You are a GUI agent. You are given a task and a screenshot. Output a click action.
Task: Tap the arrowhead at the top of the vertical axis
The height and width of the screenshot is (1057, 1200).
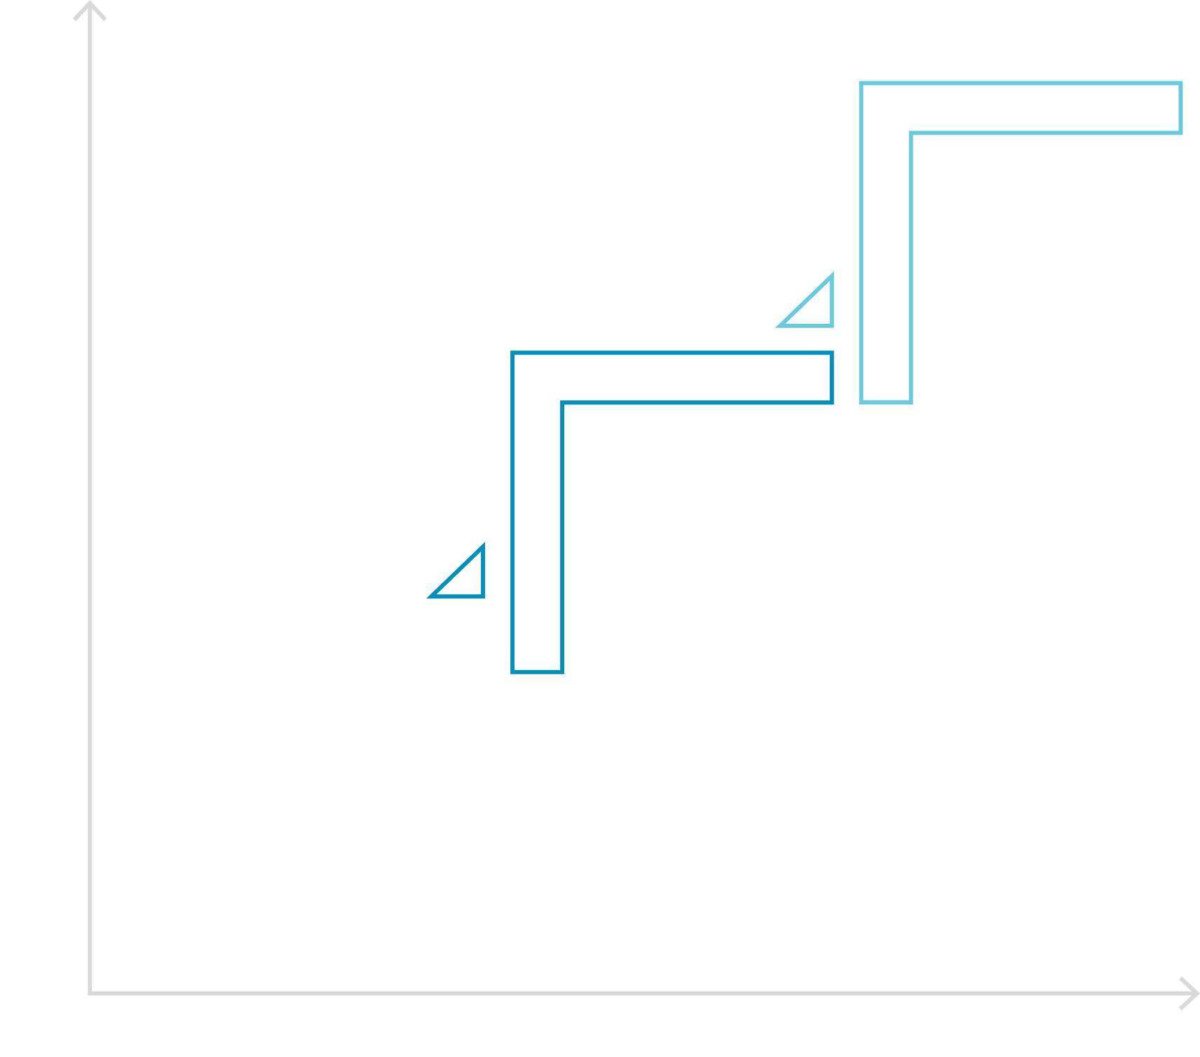[90, 10]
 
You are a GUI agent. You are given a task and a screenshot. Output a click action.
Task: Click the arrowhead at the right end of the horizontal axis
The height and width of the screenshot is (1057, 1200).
[1189, 993]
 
